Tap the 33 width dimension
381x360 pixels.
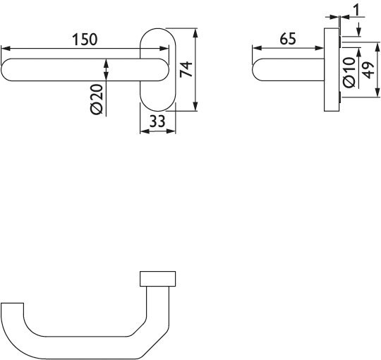tap(157, 121)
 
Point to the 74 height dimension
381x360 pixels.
tap(186, 69)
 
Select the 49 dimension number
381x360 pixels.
tap(367, 71)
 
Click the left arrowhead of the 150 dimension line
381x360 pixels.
tap(5, 48)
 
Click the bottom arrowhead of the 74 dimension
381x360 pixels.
tap(194, 108)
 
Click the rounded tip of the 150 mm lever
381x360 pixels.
tap(8, 71)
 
